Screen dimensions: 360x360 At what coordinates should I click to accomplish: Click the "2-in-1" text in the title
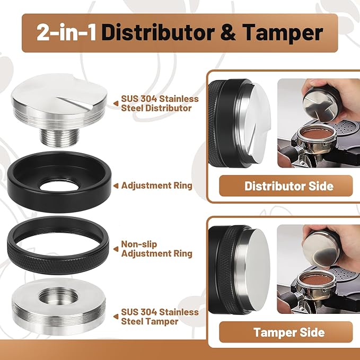click(67, 32)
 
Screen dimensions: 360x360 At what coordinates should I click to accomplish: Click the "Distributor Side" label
click(288, 186)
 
